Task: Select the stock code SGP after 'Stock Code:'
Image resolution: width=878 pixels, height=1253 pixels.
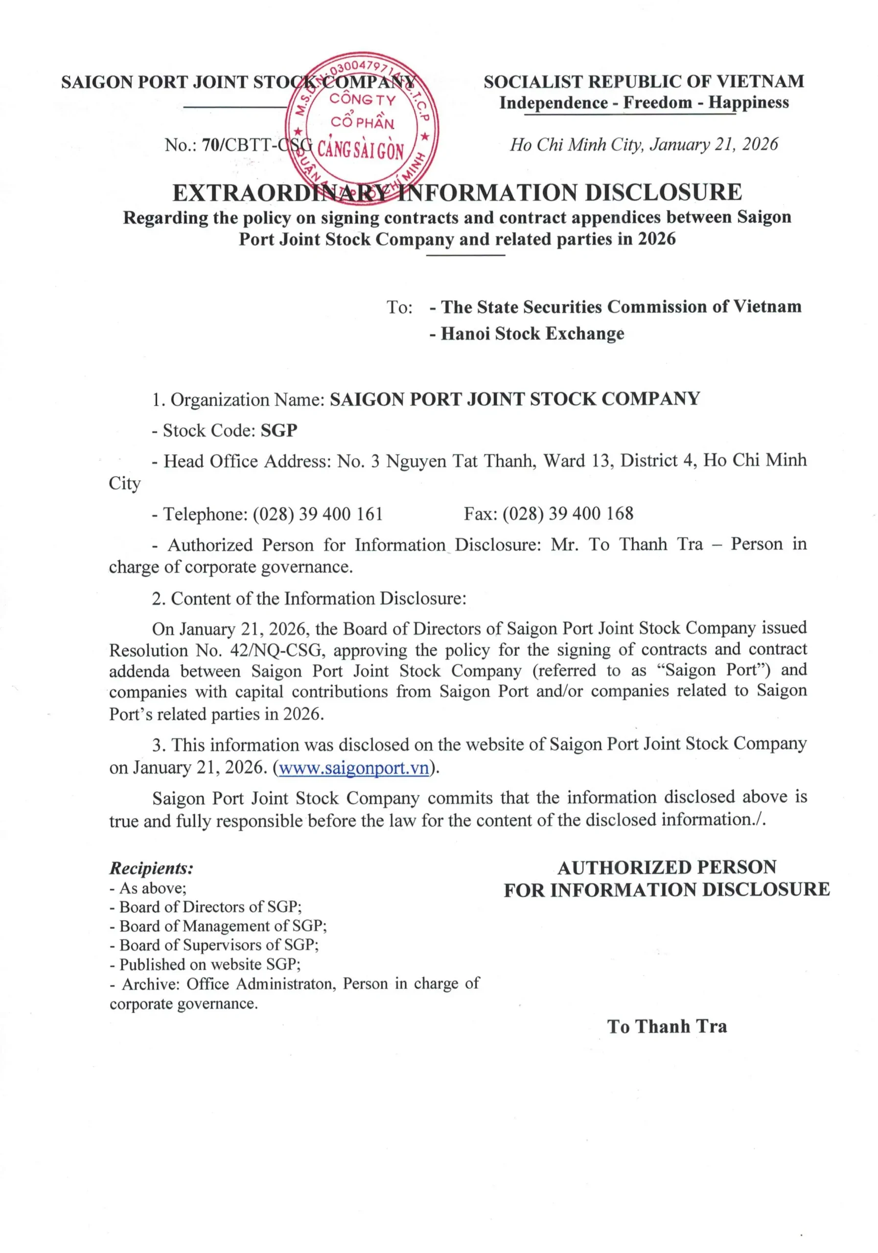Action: click(279, 431)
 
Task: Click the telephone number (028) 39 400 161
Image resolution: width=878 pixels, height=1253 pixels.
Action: click(318, 513)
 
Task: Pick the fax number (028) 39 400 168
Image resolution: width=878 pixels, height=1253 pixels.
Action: click(568, 513)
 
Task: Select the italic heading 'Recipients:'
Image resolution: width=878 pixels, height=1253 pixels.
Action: click(151, 868)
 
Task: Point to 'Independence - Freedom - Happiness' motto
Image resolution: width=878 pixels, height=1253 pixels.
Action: click(644, 103)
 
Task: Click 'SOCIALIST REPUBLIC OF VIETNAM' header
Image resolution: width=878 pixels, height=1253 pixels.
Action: click(644, 82)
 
